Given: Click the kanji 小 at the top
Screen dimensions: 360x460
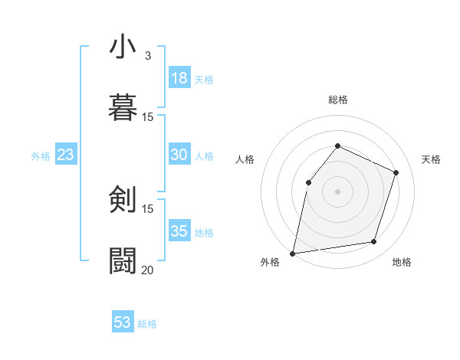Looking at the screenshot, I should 123,47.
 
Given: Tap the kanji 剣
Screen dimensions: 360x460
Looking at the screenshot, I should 123,200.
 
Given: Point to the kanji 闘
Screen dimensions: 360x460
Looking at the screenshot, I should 123,260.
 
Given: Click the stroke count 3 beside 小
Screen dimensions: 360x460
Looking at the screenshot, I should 148,56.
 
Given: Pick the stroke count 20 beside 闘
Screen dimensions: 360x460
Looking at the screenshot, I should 147,270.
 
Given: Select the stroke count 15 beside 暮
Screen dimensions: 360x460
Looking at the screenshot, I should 147,117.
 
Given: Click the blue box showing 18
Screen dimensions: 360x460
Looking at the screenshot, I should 179,78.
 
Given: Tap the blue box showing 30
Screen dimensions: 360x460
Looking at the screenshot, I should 179,155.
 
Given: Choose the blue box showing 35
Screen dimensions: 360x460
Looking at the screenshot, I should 179,231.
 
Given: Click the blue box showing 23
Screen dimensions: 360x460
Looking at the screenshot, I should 66,155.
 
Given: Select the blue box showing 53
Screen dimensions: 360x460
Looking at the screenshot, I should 123,322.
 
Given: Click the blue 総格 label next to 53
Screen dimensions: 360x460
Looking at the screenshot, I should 147,324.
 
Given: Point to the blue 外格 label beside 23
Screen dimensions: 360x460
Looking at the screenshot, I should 41,156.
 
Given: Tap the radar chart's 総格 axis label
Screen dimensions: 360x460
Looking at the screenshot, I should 338,100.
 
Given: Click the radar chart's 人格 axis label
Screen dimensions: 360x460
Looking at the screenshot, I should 245,159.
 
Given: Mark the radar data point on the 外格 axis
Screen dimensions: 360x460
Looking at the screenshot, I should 293,253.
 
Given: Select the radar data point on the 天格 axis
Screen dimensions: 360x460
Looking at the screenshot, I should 396,172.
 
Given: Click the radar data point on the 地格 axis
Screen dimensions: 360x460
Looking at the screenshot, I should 374,242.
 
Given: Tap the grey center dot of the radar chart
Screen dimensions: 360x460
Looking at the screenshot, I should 337,191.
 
